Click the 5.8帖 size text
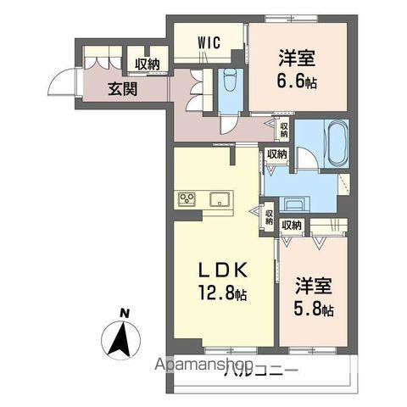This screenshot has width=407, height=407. point(314,309)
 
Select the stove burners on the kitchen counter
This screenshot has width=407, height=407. point(187,200)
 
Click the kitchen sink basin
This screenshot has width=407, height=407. point(219,201)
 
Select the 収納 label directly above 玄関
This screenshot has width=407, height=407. point(145,64)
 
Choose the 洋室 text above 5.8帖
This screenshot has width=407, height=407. point(314,285)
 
